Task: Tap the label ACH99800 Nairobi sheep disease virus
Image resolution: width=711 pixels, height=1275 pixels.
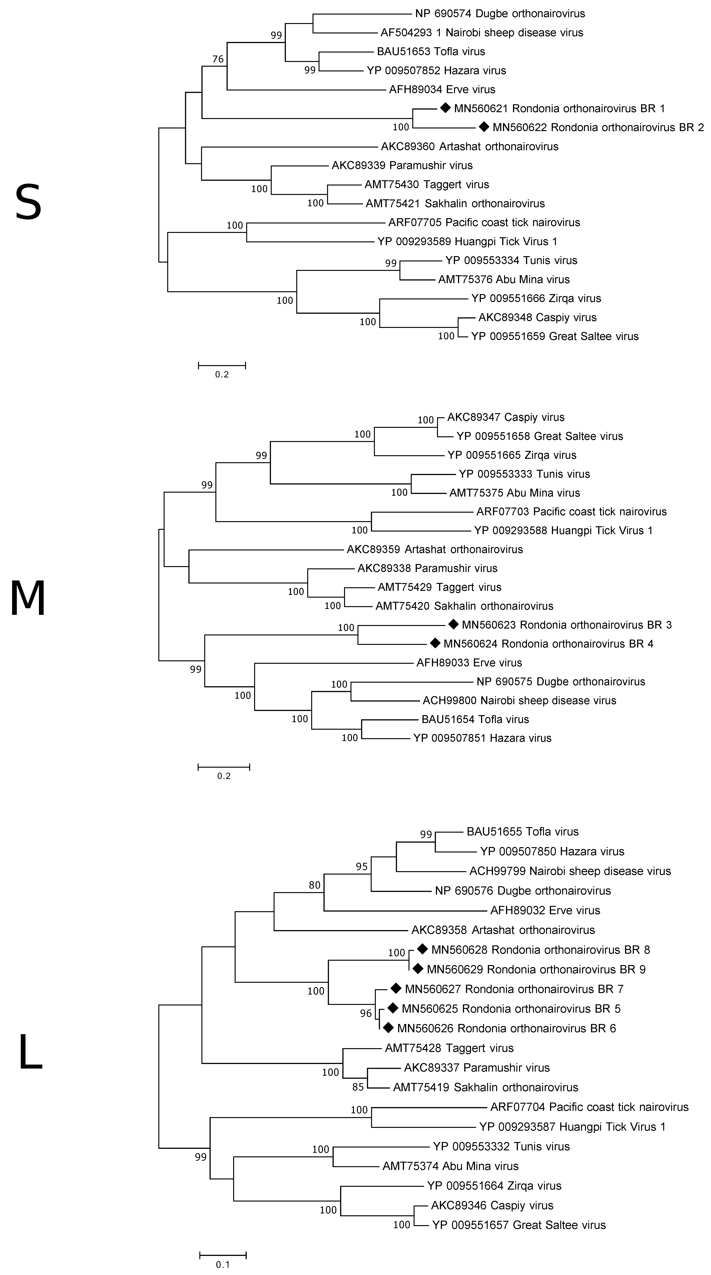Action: point(519,700)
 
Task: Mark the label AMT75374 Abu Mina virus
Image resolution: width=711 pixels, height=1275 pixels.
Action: point(451,1166)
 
